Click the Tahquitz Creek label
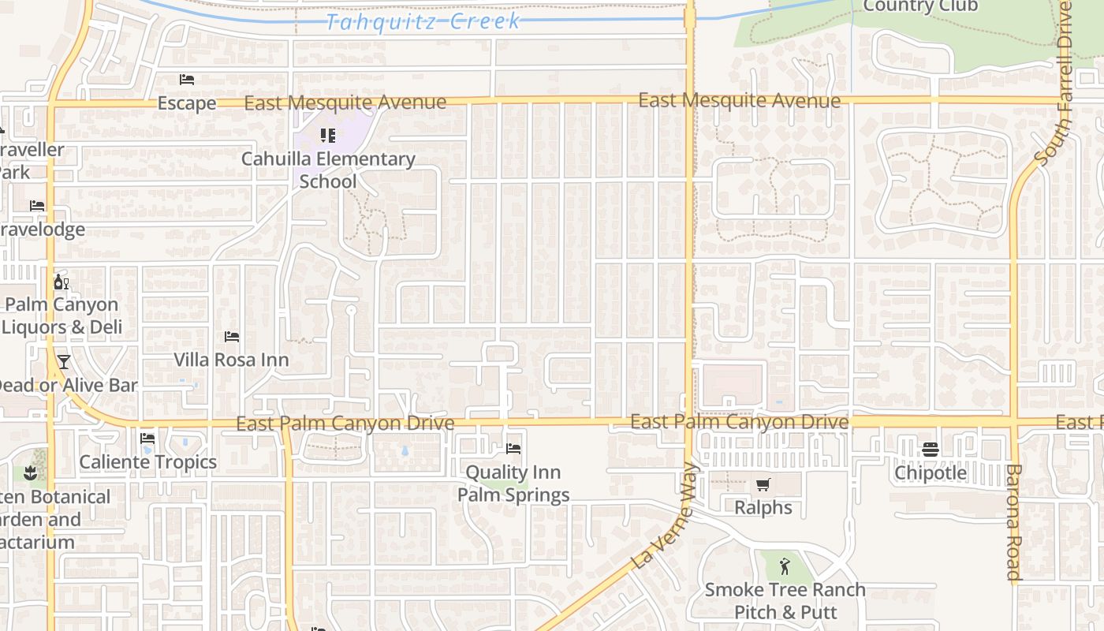pos(423,21)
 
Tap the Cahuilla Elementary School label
pos(328,170)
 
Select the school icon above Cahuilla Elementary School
pos(328,136)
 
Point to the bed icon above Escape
pos(187,80)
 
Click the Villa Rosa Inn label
pos(231,360)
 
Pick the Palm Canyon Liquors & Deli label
pos(62,315)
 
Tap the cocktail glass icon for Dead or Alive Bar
pos(63,362)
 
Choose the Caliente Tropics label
pos(148,462)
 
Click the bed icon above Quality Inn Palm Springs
pos(513,449)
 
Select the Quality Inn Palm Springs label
pos(514,484)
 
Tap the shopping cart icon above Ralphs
pos(763,484)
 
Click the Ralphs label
pos(763,507)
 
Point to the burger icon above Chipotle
pos(931,450)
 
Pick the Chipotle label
pos(931,472)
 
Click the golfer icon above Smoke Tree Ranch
pos(785,566)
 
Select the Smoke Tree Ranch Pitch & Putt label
pos(785,600)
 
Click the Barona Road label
pos(1014,522)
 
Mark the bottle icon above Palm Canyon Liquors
pos(61,282)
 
